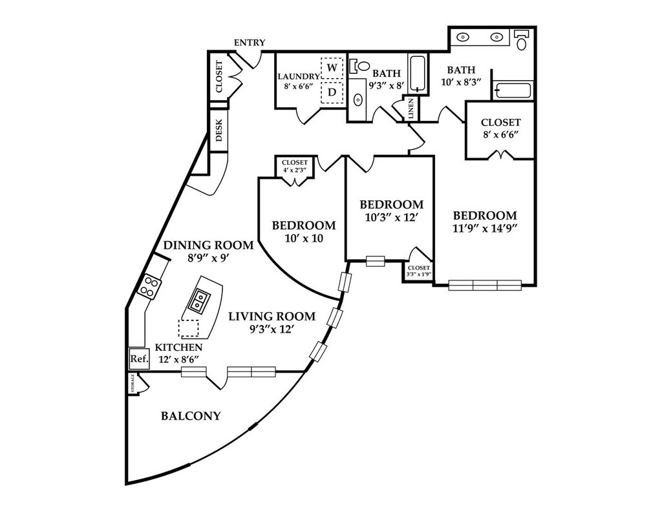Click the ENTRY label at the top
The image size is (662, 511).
tap(250, 43)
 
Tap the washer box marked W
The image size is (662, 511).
tap(332, 67)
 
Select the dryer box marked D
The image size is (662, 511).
tap(332, 92)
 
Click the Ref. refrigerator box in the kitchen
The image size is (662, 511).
tap(139, 359)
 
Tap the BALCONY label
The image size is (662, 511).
tap(190, 416)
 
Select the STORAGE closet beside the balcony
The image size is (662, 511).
tap(133, 384)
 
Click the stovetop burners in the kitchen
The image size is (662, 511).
tap(149, 286)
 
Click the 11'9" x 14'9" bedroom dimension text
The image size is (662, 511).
tap(485, 227)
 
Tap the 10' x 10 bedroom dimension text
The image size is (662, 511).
tap(304, 238)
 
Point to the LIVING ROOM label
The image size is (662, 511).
tap(272, 317)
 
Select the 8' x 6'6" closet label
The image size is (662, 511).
tap(501, 135)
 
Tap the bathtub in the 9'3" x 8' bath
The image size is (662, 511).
tap(419, 74)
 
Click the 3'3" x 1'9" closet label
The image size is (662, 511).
tap(419, 271)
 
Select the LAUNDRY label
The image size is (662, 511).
tap(299, 76)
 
